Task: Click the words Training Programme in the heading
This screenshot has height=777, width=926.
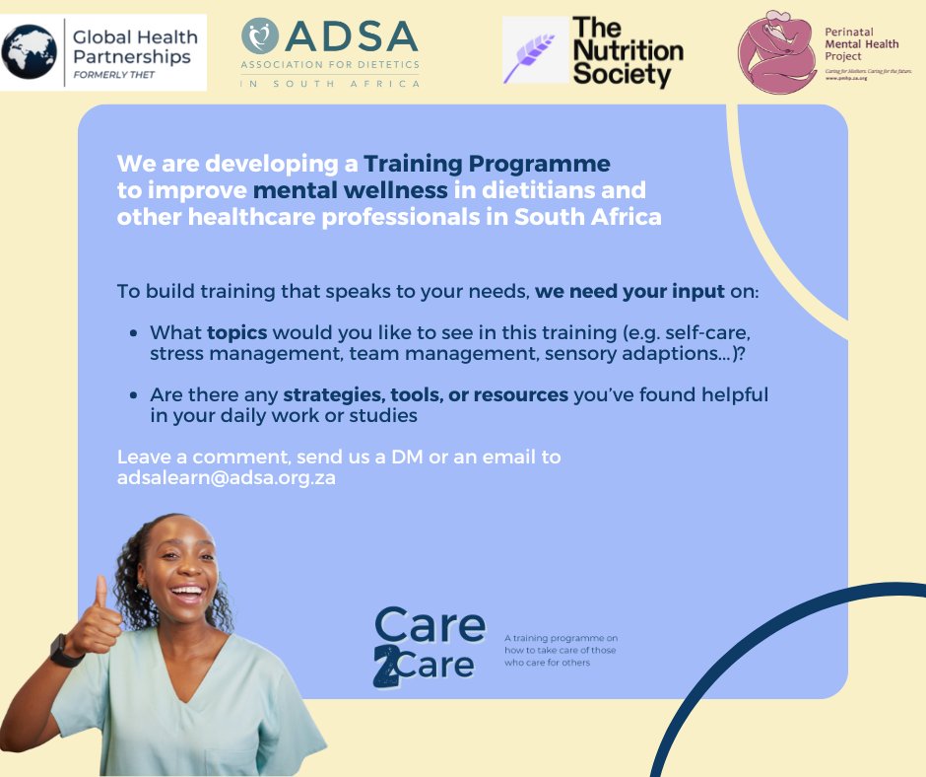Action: (487, 164)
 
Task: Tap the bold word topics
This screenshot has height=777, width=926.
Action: (236, 332)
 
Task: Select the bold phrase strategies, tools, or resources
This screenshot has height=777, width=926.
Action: (426, 395)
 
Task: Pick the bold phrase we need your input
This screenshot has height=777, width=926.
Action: (629, 292)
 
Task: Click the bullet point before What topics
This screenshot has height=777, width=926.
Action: (133, 333)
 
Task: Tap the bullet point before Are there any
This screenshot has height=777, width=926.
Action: (133, 396)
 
